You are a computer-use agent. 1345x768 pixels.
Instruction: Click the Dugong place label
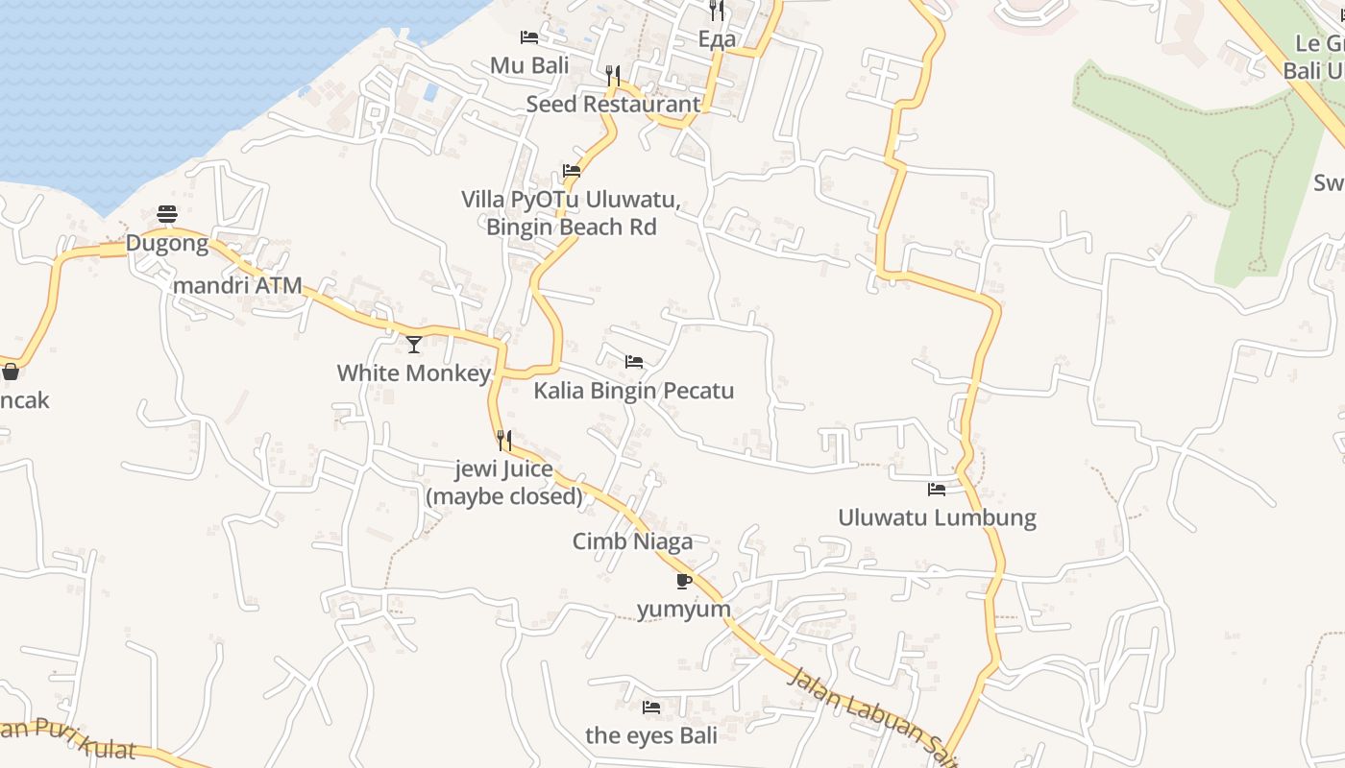click(167, 243)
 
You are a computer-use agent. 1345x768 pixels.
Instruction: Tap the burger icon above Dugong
click(167, 213)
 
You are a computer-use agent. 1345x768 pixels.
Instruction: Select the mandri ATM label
click(237, 285)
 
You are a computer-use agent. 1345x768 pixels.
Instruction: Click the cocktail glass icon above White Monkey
click(414, 344)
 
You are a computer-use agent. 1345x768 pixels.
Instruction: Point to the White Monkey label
click(414, 372)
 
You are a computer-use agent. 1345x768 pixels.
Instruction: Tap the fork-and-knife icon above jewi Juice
click(503, 441)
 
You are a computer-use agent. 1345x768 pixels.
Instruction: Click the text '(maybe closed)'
click(504, 496)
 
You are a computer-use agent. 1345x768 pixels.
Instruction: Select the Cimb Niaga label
click(632, 541)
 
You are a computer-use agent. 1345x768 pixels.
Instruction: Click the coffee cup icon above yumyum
click(683, 581)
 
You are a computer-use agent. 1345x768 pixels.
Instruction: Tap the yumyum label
click(684, 610)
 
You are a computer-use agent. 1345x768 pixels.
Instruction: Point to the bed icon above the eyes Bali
click(651, 708)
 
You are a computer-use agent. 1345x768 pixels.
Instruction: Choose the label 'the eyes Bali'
click(651, 736)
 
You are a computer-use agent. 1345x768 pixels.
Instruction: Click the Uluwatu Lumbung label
click(937, 518)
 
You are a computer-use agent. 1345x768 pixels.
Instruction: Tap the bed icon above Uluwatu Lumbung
click(937, 490)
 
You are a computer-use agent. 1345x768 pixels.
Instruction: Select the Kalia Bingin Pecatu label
click(634, 391)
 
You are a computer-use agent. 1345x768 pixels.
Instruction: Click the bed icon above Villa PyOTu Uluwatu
click(572, 171)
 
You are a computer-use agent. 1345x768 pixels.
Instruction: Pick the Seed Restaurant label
click(613, 104)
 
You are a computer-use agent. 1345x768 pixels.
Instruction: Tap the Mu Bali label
click(529, 65)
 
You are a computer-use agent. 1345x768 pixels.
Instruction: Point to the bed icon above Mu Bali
click(529, 37)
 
